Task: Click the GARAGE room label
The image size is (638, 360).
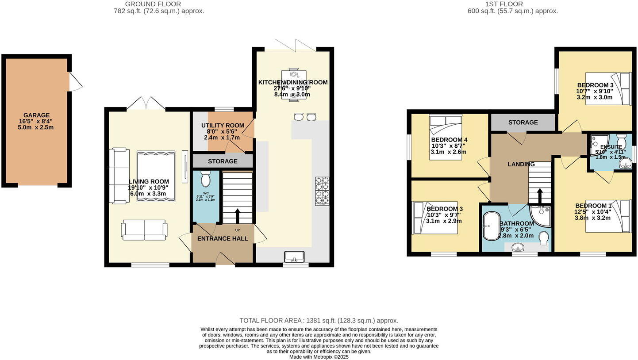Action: pos(37,115)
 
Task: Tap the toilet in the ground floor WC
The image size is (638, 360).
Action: pos(206,179)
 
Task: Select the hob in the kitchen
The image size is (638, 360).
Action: pos(322,191)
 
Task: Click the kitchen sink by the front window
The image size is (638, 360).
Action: pos(294,256)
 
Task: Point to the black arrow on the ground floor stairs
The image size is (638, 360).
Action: pos(237,216)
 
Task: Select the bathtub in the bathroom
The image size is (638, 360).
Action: pos(491,226)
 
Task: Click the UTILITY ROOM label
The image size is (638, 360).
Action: pos(223,126)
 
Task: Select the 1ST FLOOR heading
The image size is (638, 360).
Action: pos(504,4)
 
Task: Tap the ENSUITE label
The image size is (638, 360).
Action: pos(611,147)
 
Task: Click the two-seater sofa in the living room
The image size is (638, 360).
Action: pos(144,230)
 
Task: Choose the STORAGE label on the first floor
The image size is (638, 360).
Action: pos(523,123)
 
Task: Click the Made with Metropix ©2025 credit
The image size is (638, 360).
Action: pos(319,357)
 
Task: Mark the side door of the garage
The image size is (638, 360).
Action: pos(75,82)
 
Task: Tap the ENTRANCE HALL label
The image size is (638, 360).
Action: pos(223,238)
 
